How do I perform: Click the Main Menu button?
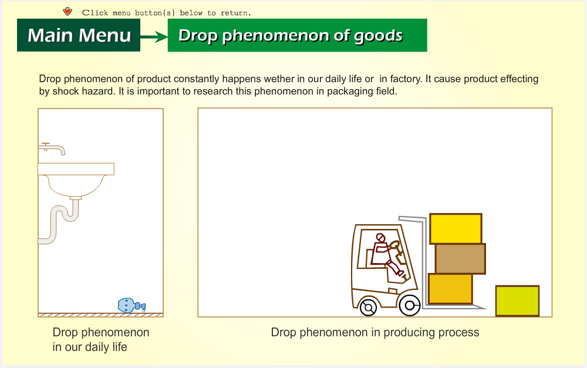(79, 35)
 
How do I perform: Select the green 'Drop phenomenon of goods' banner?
(297, 35)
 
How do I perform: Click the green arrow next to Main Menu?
(154, 37)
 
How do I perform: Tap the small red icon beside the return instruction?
(68, 12)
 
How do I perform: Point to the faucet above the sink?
(52, 148)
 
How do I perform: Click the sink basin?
(76, 180)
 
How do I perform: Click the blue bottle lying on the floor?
(131, 305)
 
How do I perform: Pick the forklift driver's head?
(380, 238)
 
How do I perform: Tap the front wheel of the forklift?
(410, 305)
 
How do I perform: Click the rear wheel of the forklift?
(369, 308)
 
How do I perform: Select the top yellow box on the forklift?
(456, 229)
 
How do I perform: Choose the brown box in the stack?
(460, 259)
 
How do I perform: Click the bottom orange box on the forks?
(450, 289)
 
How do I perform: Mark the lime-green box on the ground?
(517, 301)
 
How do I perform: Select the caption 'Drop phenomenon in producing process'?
(375, 332)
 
